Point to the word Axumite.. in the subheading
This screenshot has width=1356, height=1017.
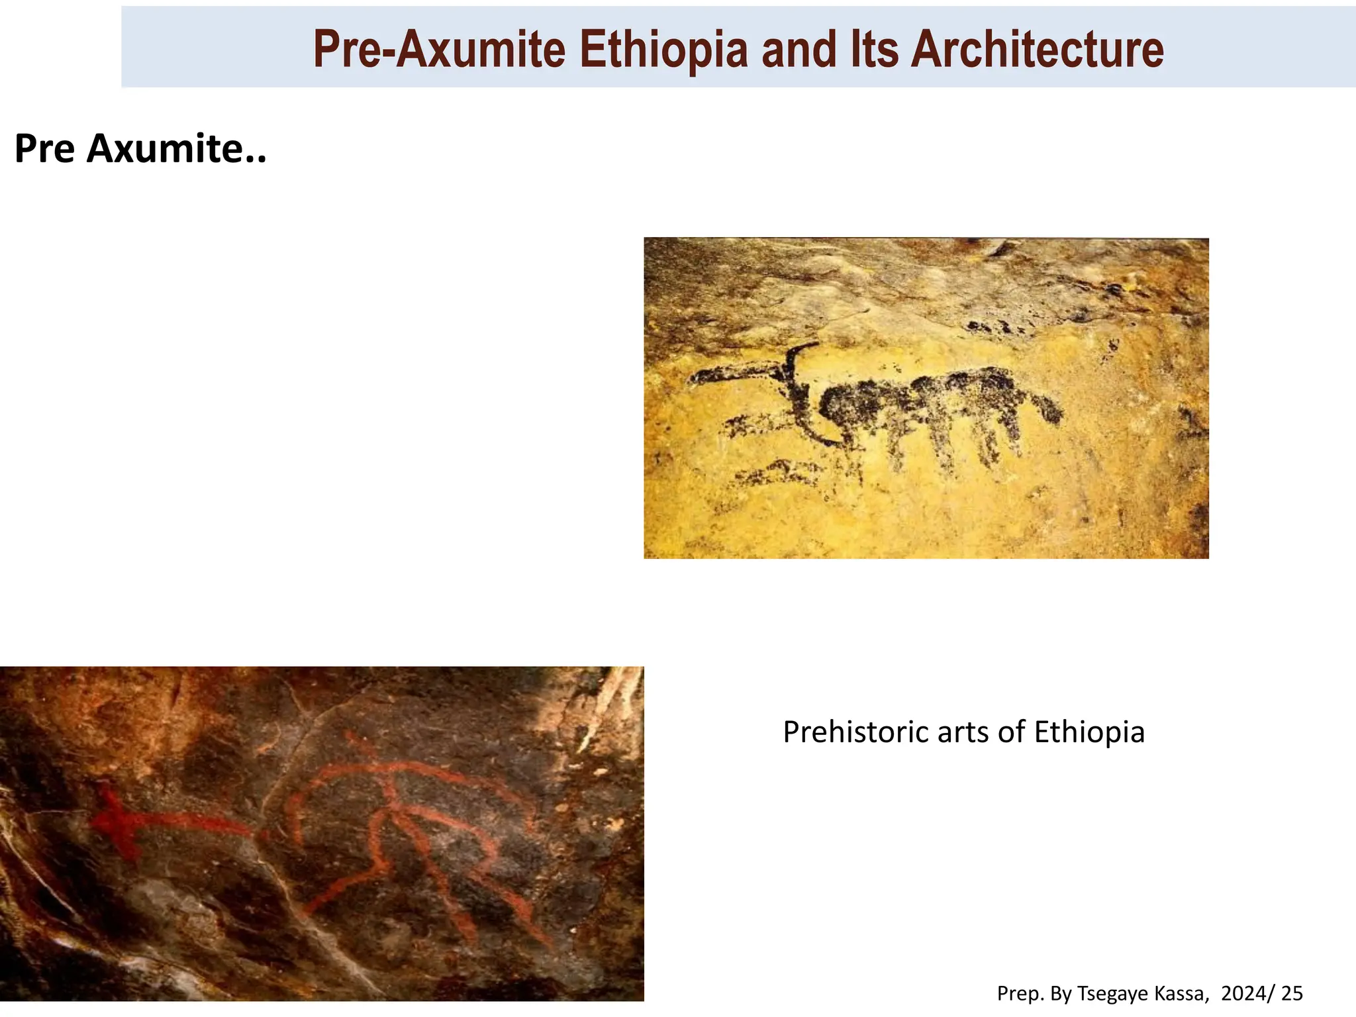(176, 148)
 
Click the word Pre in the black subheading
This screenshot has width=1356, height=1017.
(44, 148)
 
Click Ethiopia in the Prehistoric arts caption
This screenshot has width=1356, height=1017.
(1089, 732)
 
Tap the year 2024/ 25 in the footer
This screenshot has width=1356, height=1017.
(1262, 993)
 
